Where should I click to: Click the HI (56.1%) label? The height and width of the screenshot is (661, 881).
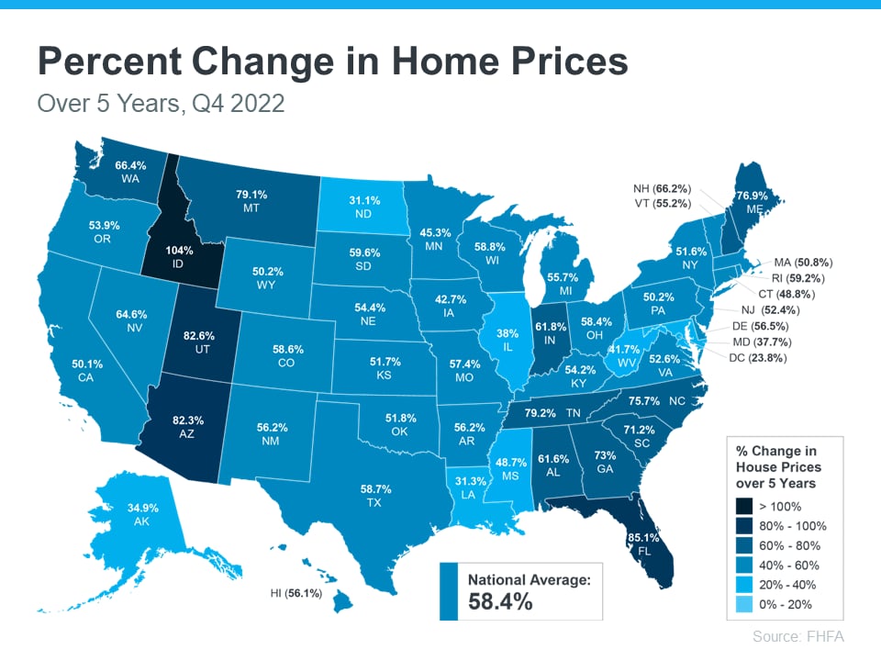[296, 593]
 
